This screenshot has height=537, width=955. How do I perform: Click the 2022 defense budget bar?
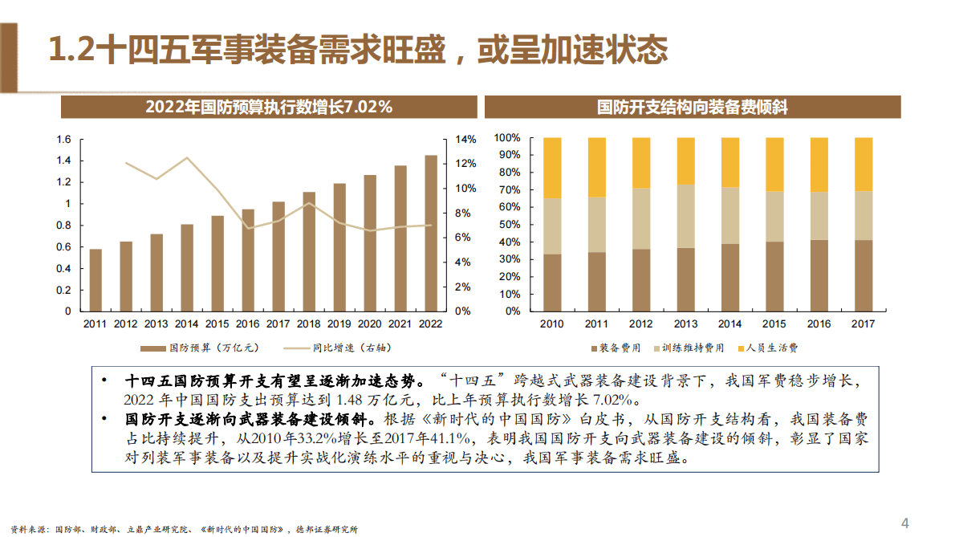tap(431, 233)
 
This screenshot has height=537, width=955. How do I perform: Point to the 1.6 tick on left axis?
tap(63, 140)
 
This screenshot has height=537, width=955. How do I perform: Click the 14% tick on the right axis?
tap(466, 140)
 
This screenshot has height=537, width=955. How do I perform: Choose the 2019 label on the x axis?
tap(339, 324)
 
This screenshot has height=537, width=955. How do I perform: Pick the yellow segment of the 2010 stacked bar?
tap(552, 168)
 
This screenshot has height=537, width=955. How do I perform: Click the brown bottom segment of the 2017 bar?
tap(864, 275)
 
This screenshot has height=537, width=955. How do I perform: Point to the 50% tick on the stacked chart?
tap(509, 225)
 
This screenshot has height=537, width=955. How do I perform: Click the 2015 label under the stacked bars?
tap(774, 324)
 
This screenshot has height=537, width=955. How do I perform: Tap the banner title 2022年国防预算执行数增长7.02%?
tap(269, 108)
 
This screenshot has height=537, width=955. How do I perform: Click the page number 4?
tap(905, 523)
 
